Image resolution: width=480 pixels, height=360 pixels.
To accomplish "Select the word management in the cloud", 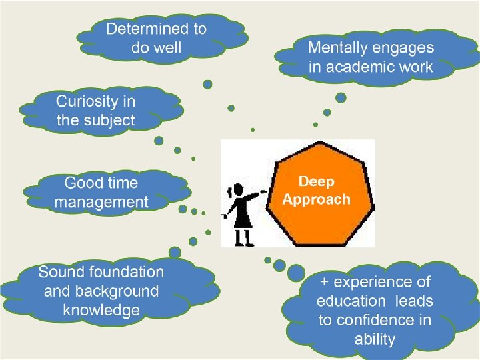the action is (101, 201).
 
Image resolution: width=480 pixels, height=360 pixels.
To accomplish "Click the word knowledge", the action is (101, 310).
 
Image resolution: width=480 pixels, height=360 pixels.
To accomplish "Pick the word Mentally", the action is (338, 48).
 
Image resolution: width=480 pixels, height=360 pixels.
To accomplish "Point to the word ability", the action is (375, 339).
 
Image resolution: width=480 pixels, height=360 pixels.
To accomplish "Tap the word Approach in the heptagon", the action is (316, 199).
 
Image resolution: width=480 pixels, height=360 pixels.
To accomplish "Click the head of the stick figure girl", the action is (237, 191).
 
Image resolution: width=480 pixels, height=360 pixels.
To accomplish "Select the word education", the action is (351, 301).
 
